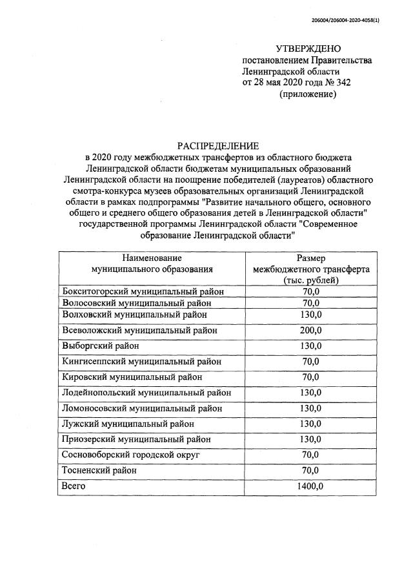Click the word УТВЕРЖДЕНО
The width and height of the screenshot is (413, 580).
(x=308, y=48)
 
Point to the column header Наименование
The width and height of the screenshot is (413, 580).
(x=152, y=257)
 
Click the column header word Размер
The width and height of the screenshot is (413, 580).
(x=311, y=257)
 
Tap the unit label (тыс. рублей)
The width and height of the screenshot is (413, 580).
(x=311, y=280)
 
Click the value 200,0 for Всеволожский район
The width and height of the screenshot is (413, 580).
(x=311, y=330)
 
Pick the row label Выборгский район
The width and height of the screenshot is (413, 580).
(x=99, y=346)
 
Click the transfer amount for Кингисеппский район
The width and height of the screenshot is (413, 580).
(x=311, y=361)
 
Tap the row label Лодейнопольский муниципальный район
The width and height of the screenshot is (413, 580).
(x=146, y=392)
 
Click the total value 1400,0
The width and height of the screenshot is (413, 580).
(x=311, y=486)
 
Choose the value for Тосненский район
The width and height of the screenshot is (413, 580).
(x=311, y=470)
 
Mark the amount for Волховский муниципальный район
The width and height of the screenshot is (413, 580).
(x=311, y=315)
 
